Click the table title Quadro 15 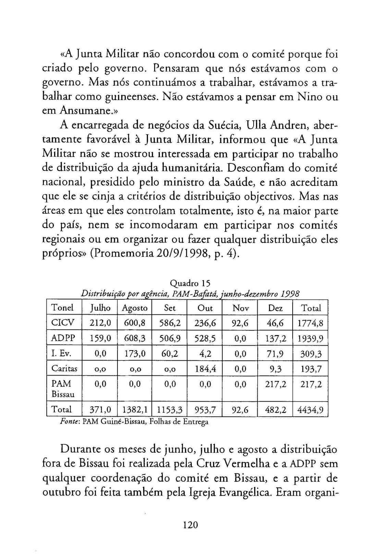click(x=190, y=283)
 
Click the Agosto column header click(x=135, y=308)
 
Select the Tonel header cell click(x=62, y=308)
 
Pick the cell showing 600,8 click(x=135, y=323)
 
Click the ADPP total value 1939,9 click(x=310, y=338)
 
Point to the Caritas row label click(x=64, y=369)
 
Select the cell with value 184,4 click(x=205, y=369)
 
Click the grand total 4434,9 click(x=310, y=410)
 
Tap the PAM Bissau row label click(x=63, y=389)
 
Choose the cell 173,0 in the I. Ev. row click(x=135, y=354)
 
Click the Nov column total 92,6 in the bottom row click(x=240, y=410)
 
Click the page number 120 click(x=191, y=525)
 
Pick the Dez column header click(x=275, y=308)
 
